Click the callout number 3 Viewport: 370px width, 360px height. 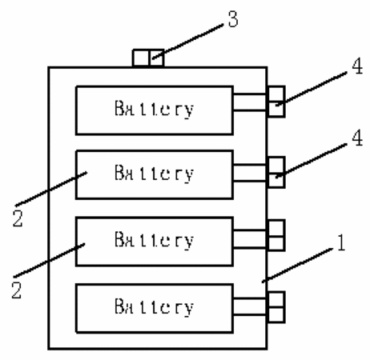[233, 18]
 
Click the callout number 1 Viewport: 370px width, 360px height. [341, 242]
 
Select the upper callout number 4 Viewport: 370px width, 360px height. [357, 66]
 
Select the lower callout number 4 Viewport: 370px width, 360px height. [357, 138]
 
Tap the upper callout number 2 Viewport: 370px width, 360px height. [18, 218]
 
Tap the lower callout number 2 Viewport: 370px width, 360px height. [17, 290]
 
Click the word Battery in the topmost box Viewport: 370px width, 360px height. [154, 109]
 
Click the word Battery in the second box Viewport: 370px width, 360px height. [154, 174]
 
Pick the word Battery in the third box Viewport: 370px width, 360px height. [154, 240]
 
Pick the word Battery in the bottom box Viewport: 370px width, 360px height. [154, 306]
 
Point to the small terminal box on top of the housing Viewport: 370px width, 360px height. [148, 58]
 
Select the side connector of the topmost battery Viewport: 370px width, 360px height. [276, 102]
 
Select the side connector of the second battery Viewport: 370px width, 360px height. [276, 173]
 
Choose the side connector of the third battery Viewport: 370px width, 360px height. [276, 235]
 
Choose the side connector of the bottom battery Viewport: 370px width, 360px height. [276, 307]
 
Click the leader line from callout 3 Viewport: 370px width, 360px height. [187, 42]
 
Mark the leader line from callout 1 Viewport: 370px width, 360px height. [298, 265]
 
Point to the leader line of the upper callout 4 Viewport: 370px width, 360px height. [312, 88]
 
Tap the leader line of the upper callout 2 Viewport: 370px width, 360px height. [51, 189]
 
